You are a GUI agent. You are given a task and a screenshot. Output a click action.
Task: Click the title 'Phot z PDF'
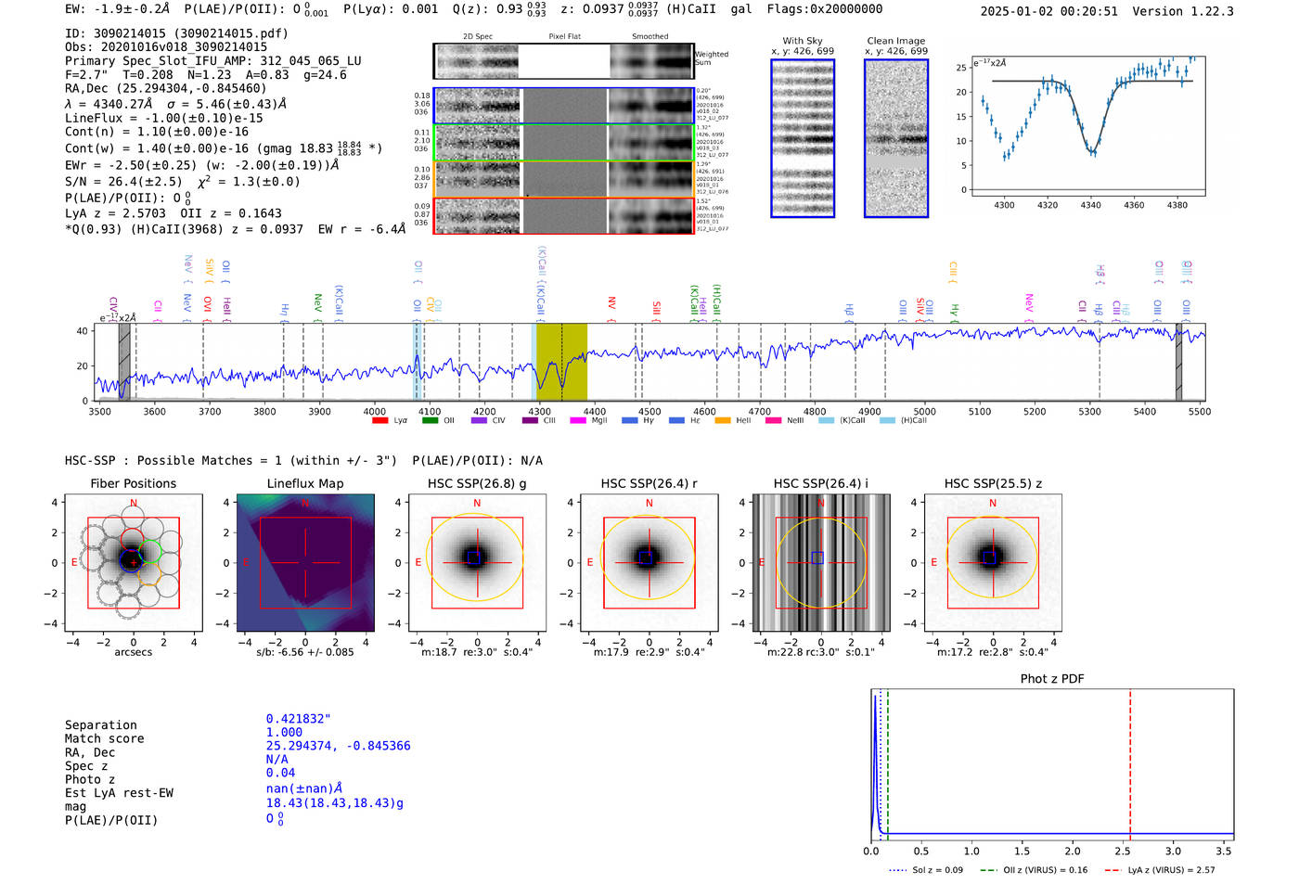(x=1052, y=678)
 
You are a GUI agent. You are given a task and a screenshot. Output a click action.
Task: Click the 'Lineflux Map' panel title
(x=305, y=483)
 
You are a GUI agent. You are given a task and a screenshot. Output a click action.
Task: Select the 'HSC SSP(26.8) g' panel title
(x=477, y=483)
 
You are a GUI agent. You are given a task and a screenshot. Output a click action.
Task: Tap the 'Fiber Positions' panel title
(x=133, y=483)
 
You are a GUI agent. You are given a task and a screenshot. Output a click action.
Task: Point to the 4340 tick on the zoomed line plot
(x=1090, y=205)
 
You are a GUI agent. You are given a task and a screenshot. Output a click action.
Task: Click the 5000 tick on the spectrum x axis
(x=924, y=412)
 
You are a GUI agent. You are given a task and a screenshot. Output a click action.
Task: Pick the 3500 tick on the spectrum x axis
(x=99, y=412)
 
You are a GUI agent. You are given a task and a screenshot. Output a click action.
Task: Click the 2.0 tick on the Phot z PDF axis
(x=1073, y=851)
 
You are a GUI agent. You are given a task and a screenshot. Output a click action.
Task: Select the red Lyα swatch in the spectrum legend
(x=379, y=421)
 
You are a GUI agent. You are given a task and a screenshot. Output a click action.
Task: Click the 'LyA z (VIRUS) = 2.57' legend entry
(x=1171, y=870)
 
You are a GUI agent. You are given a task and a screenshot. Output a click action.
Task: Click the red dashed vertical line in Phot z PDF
(x=1130, y=761)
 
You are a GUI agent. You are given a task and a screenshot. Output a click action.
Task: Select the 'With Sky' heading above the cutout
(x=803, y=41)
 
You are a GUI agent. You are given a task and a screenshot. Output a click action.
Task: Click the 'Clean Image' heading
(x=896, y=41)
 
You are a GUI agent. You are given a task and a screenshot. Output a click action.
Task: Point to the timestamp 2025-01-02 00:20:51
(x=1049, y=11)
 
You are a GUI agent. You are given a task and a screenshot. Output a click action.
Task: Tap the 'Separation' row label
(x=100, y=725)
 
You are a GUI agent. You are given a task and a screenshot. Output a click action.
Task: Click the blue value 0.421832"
(x=298, y=719)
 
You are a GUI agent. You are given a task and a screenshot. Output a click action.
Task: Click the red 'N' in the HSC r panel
(x=649, y=503)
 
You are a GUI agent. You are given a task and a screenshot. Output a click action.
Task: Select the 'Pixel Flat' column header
(x=564, y=36)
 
